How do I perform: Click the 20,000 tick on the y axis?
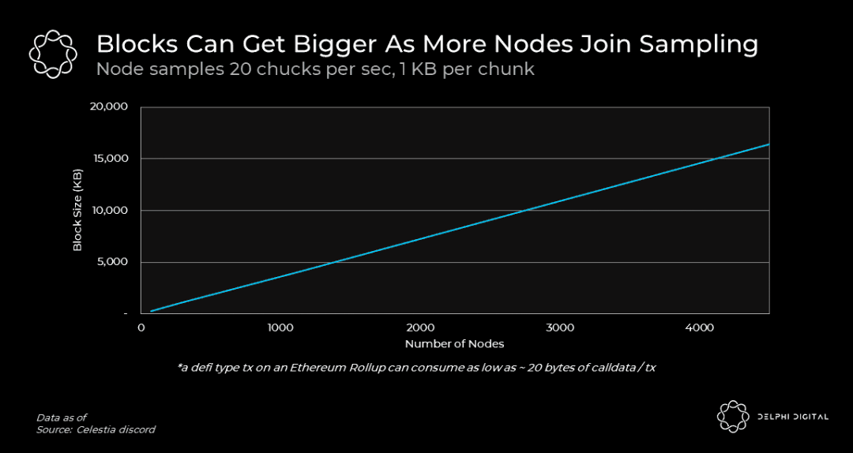point(110,107)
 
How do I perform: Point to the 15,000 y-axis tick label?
point(111,159)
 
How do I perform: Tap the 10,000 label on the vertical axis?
point(111,211)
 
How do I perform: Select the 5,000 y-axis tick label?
point(113,262)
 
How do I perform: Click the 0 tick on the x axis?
point(141,327)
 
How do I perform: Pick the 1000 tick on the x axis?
point(280,327)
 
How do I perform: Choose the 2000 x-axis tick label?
point(420,327)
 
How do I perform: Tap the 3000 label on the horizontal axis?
point(560,327)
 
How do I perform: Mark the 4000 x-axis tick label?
point(700,327)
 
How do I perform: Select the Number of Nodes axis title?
point(454,344)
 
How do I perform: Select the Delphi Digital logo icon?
point(732,417)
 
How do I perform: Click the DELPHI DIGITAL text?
point(792,417)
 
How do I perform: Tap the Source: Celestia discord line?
point(96,430)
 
